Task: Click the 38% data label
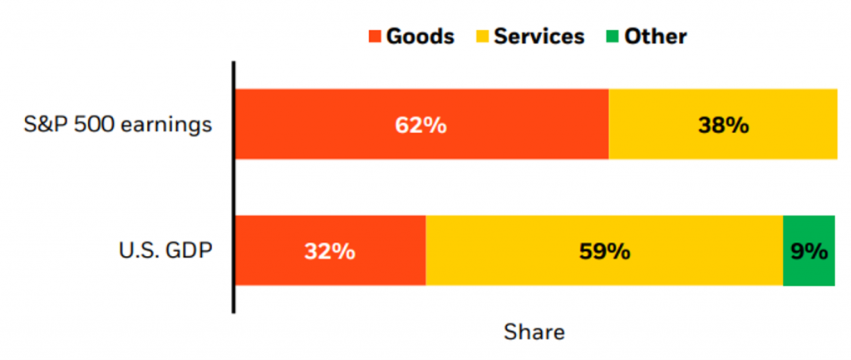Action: click(723, 126)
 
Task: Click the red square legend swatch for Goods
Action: click(375, 37)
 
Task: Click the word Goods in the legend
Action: click(420, 37)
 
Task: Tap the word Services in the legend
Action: click(539, 37)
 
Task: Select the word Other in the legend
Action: click(656, 37)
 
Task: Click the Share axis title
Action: click(534, 333)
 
